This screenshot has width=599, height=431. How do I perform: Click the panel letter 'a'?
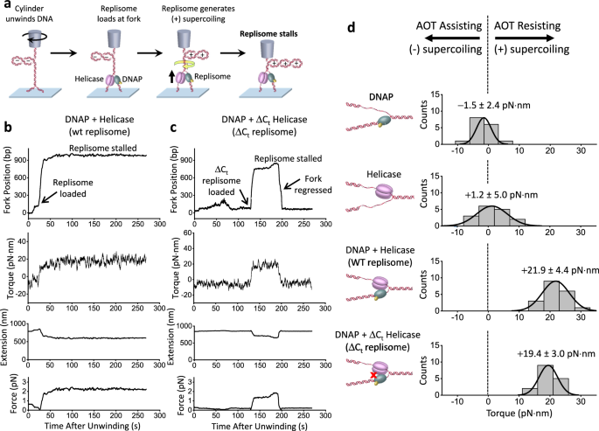[6, 6]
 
